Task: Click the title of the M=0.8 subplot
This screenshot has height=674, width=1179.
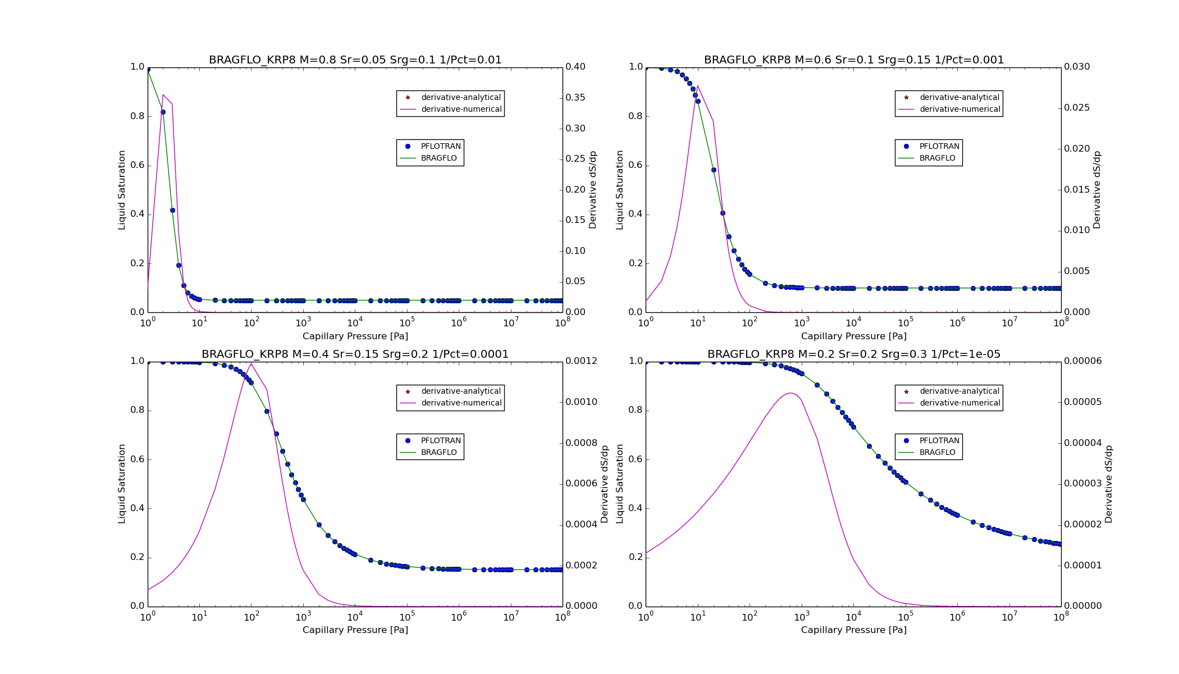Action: (x=355, y=60)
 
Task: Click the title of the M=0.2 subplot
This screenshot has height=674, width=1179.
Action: (x=853, y=354)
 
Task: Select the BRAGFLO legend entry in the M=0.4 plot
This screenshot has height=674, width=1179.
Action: (x=438, y=453)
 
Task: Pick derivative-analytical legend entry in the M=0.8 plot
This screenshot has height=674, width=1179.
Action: (x=460, y=98)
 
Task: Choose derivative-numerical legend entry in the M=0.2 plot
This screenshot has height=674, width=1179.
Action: (x=959, y=403)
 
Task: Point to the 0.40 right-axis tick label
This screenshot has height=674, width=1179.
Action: (x=575, y=67)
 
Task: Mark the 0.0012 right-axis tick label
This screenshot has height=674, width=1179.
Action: (x=581, y=361)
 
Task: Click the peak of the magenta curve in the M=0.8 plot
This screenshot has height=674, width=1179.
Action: (x=163, y=95)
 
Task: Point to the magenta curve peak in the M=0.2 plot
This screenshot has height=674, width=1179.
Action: (x=790, y=393)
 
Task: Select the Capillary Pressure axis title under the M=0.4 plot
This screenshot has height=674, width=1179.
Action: (x=355, y=630)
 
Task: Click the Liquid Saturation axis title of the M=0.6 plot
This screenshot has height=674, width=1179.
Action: (x=620, y=190)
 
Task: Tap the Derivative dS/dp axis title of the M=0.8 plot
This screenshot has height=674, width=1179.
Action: (x=593, y=190)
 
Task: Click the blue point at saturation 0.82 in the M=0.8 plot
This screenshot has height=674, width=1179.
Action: (x=163, y=112)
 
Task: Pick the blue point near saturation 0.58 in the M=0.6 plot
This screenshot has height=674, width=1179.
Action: (x=714, y=170)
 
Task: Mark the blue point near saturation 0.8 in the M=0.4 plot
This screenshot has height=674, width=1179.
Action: (x=267, y=411)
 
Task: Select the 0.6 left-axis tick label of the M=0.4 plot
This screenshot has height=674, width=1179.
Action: (x=138, y=459)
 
